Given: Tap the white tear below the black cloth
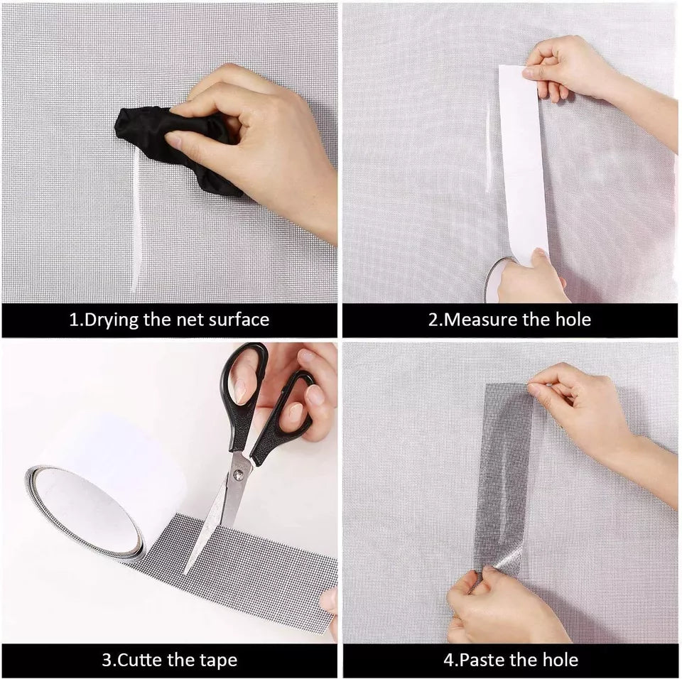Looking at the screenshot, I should point(135,227).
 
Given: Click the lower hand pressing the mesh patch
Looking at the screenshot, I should point(497,604).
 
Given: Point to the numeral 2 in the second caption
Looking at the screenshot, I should point(433,319).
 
